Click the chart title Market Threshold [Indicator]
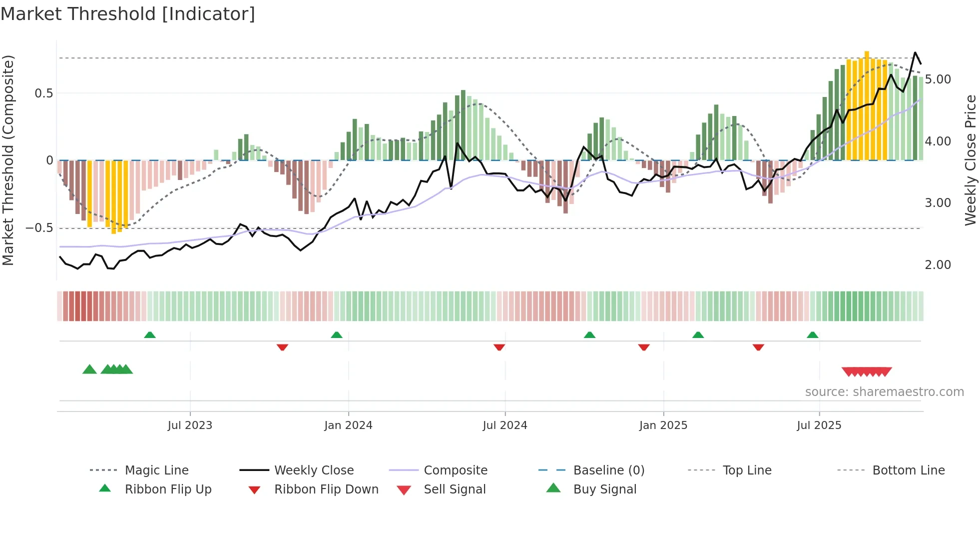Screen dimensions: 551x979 [x=128, y=14]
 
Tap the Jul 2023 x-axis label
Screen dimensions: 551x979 [x=190, y=425]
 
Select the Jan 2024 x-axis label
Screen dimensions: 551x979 [x=348, y=425]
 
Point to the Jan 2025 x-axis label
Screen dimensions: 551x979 [x=663, y=425]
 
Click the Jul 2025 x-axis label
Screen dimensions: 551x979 [x=819, y=425]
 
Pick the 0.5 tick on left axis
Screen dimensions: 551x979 [x=43, y=93]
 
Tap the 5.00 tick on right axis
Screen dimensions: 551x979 [x=938, y=79]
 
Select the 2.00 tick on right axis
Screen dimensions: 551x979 [x=938, y=265]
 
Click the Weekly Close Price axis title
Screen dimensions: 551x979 [x=970, y=160]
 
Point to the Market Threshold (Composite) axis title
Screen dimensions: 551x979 [x=8, y=160]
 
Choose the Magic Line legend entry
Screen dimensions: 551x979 [x=156, y=470]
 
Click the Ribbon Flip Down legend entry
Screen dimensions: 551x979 [x=326, y=489]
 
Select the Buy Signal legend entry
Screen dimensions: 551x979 [x=604, y=489]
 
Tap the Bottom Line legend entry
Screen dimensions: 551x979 [x=908, y=470]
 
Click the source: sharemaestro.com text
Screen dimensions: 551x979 [x=884, y=392]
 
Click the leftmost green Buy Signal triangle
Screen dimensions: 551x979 [x=89, y=369]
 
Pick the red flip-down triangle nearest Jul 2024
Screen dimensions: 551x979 [x=499, y=347]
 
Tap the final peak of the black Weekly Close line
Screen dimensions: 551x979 [x=915, y=52]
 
